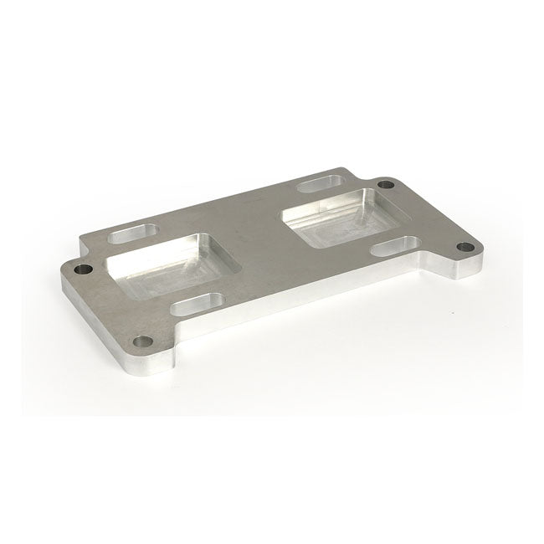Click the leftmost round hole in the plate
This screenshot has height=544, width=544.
tap(81, 270)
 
